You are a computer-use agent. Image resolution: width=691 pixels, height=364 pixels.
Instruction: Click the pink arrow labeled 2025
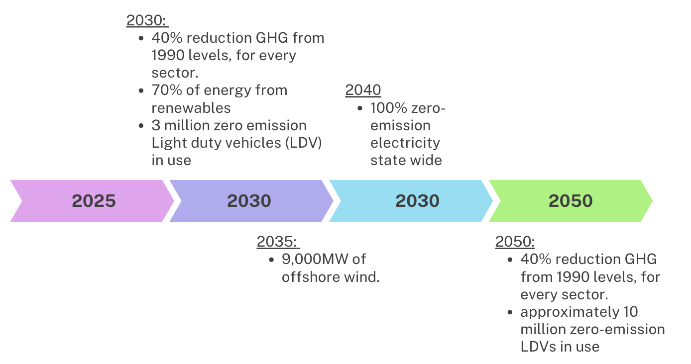pyautogui.click(x=93, y=201)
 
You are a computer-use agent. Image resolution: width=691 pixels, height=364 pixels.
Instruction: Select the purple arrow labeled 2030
pyautogui.click(x=249, y=201)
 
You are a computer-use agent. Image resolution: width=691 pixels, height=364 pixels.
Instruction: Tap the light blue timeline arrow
pyautogui.click(x=417, y=201)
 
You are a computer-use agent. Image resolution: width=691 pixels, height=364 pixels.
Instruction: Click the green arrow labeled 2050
pyautogui.click(x=571, y=201)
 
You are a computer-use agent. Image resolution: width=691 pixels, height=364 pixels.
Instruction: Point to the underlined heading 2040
pyautogui.click(x=363, y=91)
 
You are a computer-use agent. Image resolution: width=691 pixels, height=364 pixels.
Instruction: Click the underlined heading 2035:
pyautogui.click(x=277, y=242)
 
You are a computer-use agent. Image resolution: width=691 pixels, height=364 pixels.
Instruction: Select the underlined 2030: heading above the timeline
pyautogui.click(x=146, y=20)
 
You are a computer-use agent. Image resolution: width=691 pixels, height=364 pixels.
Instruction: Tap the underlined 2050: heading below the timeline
pyautogui.click(x=515, y=242)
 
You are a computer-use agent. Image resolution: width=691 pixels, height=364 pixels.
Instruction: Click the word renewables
pyautogui.click(x=191, y=108)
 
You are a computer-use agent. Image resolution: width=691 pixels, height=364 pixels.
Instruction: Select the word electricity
pyautogui.click(x=405, y=143)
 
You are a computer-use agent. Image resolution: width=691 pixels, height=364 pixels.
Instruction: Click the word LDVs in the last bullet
pyautogui.click(x=539, y=347)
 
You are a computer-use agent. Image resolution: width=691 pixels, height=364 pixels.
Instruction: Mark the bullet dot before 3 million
pyautogui.click(x=142, y=126)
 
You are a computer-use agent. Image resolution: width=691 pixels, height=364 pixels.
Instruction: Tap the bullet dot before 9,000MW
pyautogui.click(x=271, y=260)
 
